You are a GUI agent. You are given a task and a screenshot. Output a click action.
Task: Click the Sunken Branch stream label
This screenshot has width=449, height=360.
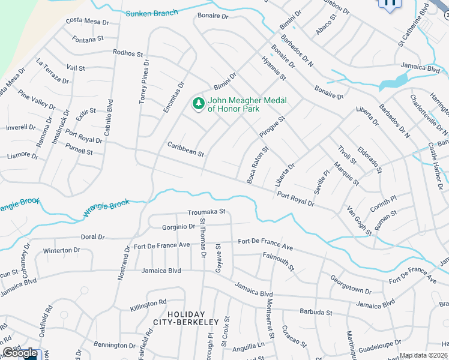pos(152,13)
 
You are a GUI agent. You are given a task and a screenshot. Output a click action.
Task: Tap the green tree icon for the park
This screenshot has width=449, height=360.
pos(197,104)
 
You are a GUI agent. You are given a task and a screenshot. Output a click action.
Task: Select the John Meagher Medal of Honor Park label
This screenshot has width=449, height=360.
pos(247,104)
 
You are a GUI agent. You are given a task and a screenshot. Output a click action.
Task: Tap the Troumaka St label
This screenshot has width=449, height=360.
pos(206,212)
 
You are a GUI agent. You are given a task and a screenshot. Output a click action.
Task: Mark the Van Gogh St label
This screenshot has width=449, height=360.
pos(360,220)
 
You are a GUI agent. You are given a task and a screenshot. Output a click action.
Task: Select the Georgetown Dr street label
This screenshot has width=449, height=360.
pos(351,284)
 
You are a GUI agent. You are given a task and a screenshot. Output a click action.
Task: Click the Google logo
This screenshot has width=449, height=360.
pos(20,353)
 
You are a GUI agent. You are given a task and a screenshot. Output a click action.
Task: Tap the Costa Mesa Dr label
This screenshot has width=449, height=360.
pos(87,22)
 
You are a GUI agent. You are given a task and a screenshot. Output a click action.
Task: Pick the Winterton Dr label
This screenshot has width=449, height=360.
pos(61,250)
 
